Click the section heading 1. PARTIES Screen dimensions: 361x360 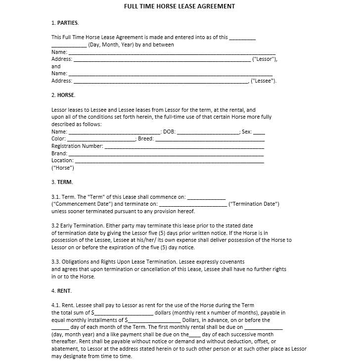[65, 23]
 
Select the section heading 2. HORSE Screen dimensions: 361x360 [63, 95]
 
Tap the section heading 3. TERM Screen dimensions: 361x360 [62, 182]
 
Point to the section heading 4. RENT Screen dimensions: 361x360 [62, 291]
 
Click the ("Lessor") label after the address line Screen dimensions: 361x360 [265, 59]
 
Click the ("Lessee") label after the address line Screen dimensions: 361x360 [264, 81]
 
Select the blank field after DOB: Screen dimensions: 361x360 [208, 133]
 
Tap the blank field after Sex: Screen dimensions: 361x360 [259, 133]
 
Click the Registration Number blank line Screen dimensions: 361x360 [184, 146]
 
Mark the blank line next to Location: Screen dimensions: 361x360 [170, 161]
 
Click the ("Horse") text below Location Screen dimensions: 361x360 [63, 168]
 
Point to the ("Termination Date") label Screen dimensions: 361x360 [254, 204]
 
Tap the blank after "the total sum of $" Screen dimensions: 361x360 [124, 313]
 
